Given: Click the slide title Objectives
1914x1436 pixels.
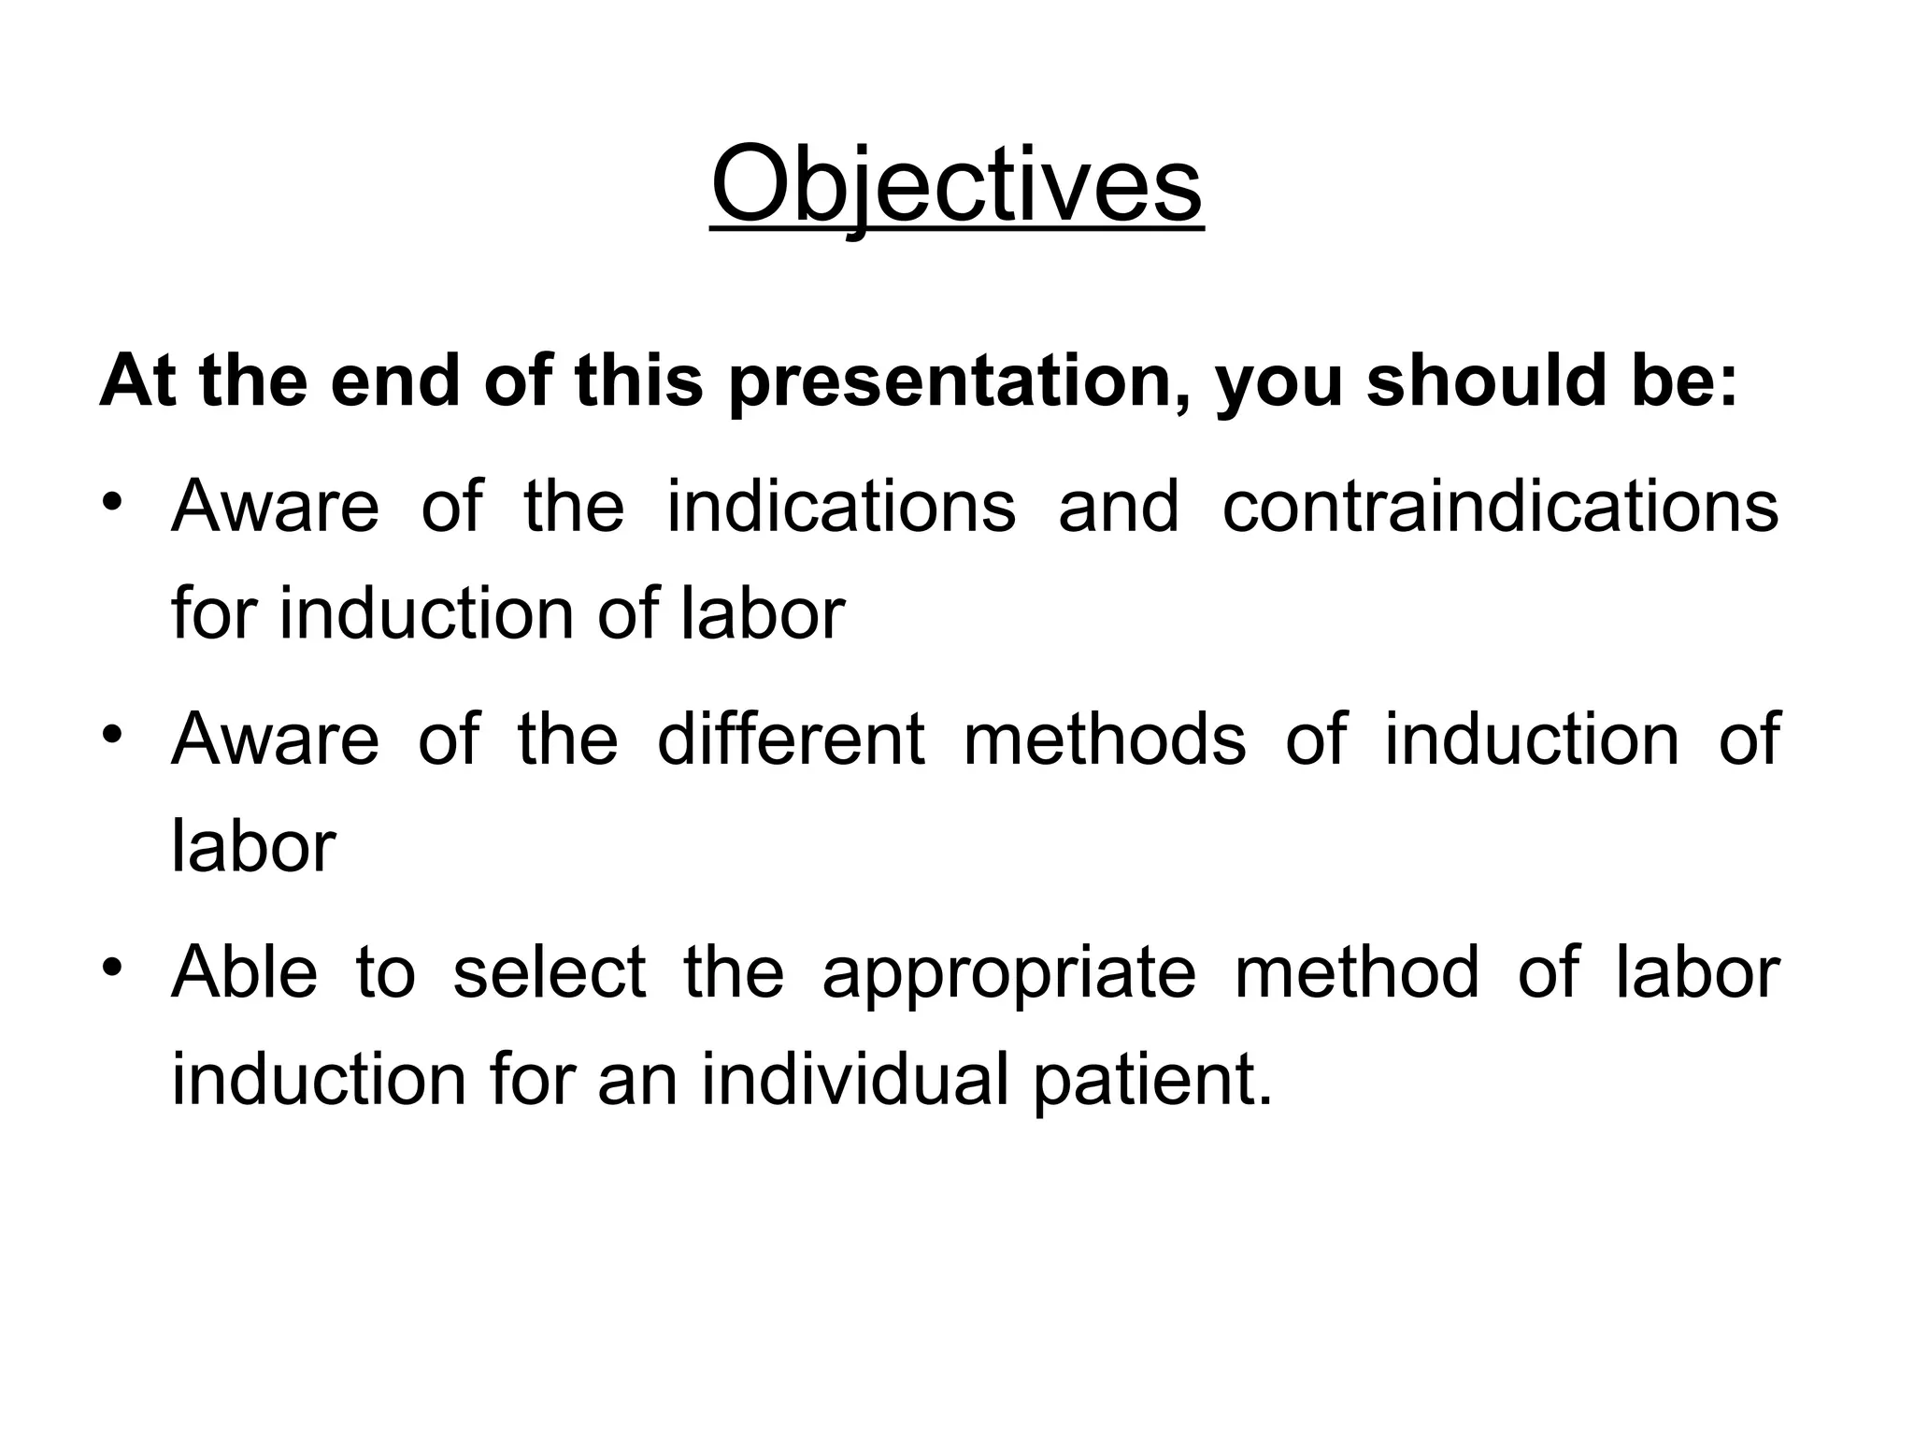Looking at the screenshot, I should coord(956,186).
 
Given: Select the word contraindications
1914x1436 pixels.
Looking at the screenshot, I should coord(1500,507).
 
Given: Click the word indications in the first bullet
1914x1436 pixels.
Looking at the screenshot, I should coord(841,507).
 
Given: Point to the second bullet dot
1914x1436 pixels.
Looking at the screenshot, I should coord(112,737).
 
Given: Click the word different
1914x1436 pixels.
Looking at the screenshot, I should coord(791,739).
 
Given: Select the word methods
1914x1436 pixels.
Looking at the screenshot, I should coord(1105,739).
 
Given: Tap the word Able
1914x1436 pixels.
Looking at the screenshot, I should coord(244,972).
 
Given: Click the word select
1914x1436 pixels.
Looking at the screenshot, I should coord(549,972).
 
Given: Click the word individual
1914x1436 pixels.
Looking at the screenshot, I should coord(856,1080).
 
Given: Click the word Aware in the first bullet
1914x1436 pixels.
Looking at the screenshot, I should coord(275,507).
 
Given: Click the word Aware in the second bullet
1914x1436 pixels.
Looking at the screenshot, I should coord(275,739).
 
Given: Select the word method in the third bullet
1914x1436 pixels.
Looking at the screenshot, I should coord(1356,972).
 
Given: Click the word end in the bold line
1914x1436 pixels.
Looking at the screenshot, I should coord(395,382).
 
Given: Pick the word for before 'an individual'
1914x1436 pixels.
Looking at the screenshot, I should coord(530,1080).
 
